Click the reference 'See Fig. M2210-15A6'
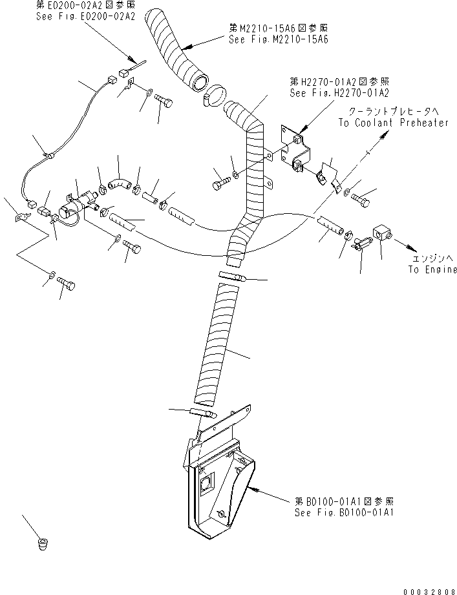point(279,39)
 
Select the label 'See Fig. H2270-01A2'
point(339,92)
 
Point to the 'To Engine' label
point(432,269)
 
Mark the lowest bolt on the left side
point(66,283)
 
